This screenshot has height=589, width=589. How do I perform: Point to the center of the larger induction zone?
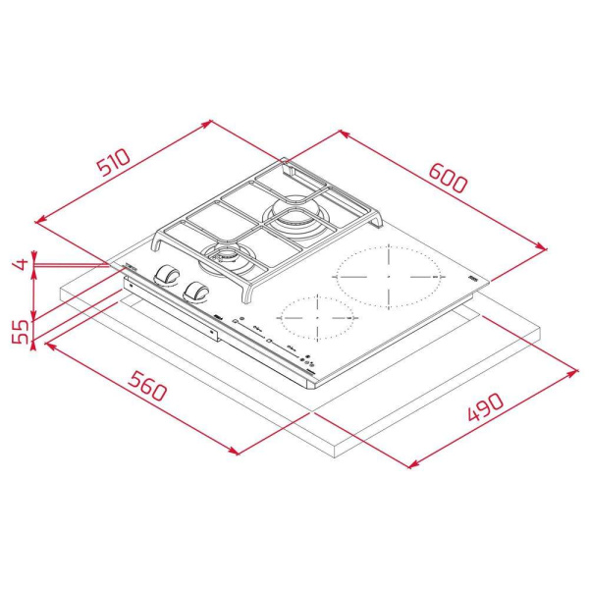pyautogui.click(x=389, y=275)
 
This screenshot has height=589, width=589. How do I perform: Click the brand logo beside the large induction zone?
pyautogui.click(x=475, y=283)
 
